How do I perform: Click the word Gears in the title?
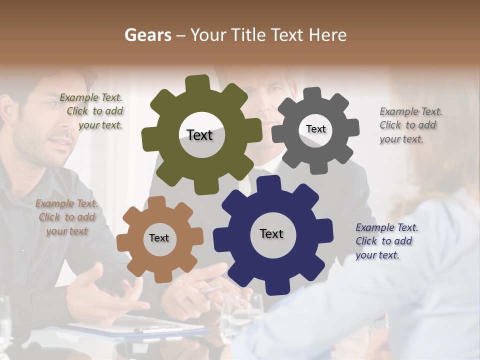(147, 35)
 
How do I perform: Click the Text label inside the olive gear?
(199, 135)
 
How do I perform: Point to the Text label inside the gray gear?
(315, 129)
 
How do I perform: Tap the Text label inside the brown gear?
(159, 238)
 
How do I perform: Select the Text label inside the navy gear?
(271, 233)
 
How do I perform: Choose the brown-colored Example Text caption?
(67, 217)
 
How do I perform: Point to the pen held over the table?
(212, 289)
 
